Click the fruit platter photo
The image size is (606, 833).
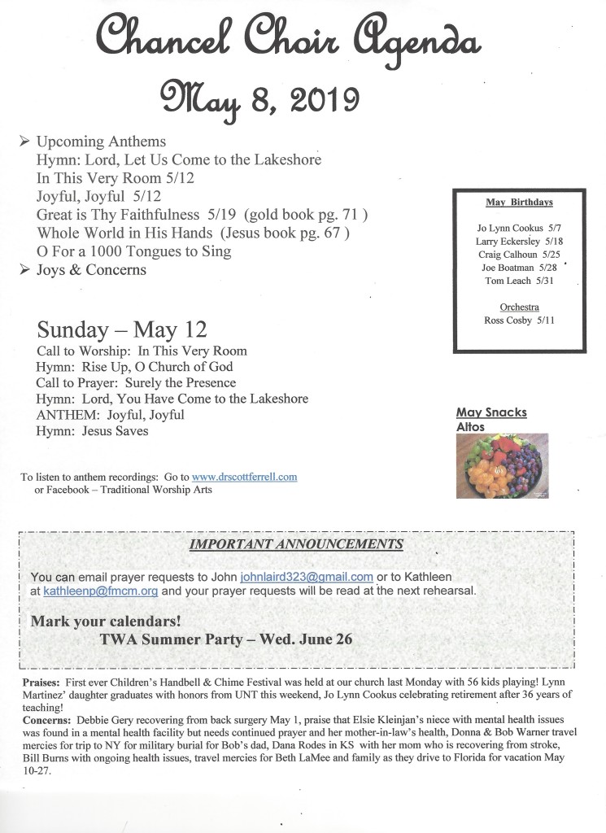pyautogui.click(x=502, y=465)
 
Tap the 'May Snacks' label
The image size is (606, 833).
pyautogui.click(x=491, y=412)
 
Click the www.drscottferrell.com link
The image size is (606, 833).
pyautogui.click(x=244, y=477)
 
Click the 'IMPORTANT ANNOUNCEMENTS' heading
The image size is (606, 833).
pyautogui.click(x=295, y=544)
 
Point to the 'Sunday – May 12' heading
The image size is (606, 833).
pyautogui.click(x=121, y=330)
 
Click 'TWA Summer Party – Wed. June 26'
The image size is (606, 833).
pyautogui.click(x=225, y=639)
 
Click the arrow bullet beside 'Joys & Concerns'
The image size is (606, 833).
pyautogui.click(x=24, y=269)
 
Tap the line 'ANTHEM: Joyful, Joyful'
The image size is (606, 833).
pyautogui.click(x=110, y=415)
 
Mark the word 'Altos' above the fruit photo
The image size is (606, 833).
pyautogui.click(x=470, y=426)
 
